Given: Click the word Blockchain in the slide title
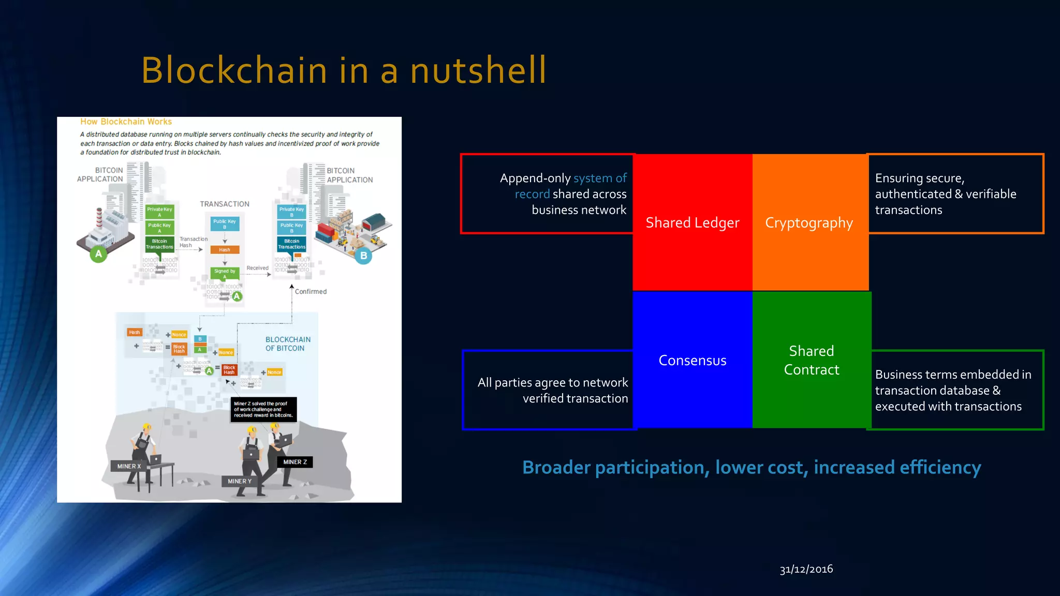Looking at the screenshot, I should (234, 70).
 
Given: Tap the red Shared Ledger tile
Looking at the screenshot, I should (692, 222).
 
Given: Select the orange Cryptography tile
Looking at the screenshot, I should (809, 222).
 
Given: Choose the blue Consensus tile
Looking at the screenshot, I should (692, 360).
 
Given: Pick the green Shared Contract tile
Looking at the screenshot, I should (811, 360).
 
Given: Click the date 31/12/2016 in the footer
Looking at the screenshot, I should (806, 569).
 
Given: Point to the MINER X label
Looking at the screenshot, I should (129, 466).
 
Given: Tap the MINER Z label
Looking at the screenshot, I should (295, 462).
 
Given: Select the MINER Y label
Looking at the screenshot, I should (240, 481).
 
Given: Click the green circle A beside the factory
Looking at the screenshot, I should (98, 254).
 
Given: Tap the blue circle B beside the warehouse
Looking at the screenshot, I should (363, 256).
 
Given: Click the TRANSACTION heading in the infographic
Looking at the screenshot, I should (225, 204).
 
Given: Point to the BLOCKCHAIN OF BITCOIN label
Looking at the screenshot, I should (288, 344).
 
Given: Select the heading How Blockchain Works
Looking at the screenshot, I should (126, 122).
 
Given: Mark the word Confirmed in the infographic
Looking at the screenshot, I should (311, 292).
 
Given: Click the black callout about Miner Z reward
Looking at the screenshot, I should (263, 409).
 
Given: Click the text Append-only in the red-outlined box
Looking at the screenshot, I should (535, 178).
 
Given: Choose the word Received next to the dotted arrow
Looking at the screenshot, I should (257, 268).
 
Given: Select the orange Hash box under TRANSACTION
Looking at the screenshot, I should (225, 250).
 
